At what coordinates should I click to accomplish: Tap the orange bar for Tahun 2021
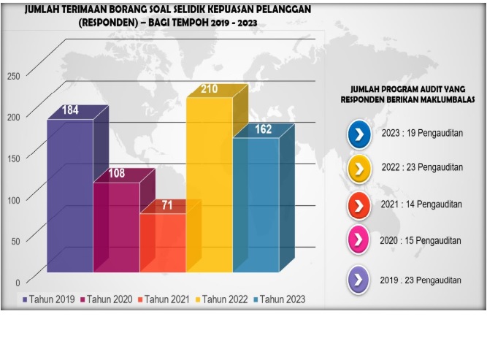click(x=162, y=241)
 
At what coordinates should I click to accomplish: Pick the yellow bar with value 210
click(x=209, y=183)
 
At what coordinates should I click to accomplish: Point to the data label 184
click(x=70, y=111)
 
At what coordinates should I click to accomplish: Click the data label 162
click(x=263, y=130)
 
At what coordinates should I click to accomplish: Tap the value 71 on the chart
click(x=167, y=205)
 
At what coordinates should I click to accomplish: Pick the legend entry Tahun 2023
click(x=283, y=299)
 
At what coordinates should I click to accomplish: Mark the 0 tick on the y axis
click(x=18, y=282)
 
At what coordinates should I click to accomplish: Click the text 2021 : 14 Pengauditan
click(x=421, y=205)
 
